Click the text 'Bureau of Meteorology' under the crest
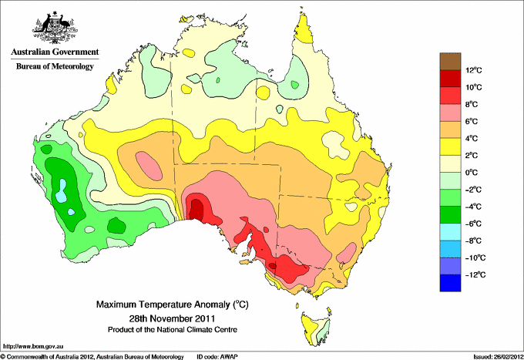pos(55,66)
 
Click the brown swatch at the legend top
pos(451,61)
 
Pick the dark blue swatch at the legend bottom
pos(451,283)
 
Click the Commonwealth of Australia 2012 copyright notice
pos(92,356)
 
